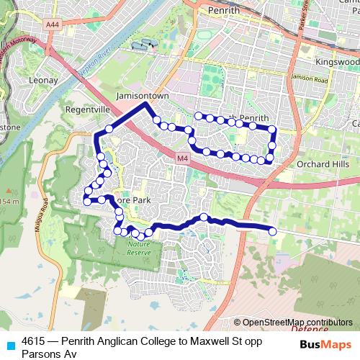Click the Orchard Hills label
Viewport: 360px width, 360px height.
[x=323, y=163]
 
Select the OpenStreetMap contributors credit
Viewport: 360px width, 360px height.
[x=297, y=323]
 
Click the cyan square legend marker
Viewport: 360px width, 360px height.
[x=10, y=345]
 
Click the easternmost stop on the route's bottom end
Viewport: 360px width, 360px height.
[x=273, y=231]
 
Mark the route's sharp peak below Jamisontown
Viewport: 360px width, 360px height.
[x=147, y=104]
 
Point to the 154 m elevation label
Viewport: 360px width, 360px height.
[x=11, y=201]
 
